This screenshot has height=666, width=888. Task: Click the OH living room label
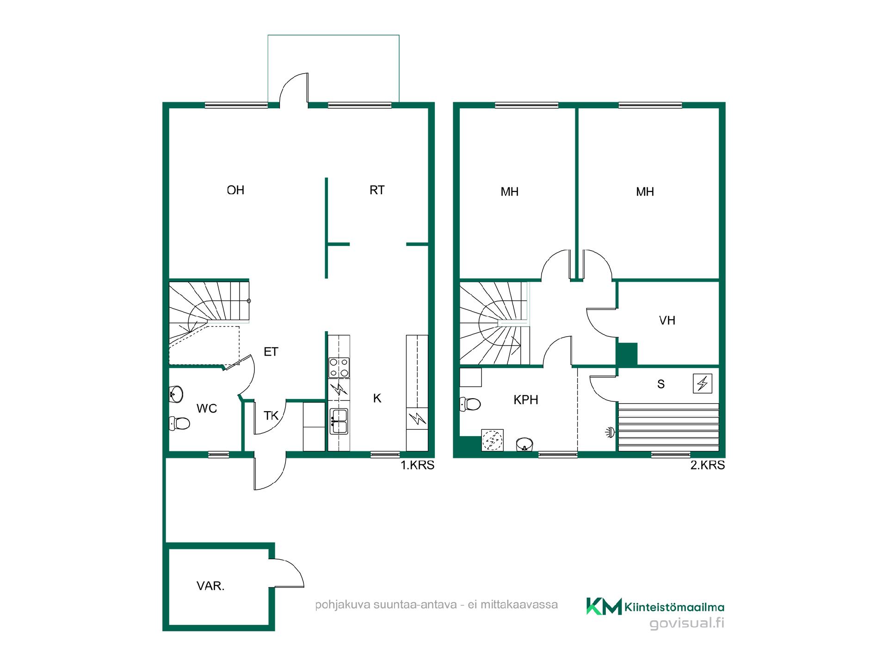point(235,190)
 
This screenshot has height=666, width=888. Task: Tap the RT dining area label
point(377,190)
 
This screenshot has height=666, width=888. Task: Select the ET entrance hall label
point(271,352)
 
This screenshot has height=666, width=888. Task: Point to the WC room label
point(207,408)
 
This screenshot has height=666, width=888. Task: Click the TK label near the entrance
point(271,416)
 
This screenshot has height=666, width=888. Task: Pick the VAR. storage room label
point(210,586)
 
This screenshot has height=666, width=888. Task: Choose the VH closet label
point(667,321)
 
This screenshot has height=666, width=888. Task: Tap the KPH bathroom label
point(526,400)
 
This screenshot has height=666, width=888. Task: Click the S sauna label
point(661,384)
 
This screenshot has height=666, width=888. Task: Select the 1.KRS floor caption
point(417,465)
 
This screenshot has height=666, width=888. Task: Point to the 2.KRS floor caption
point(708,465)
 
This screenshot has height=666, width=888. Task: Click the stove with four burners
point(339,368)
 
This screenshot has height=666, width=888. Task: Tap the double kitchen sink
point(339,421)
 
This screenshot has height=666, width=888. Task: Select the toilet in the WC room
point(180,423)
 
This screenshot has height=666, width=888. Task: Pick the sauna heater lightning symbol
point(703,383)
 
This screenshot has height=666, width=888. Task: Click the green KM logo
point(604,606)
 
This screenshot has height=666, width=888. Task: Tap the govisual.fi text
point(687,623)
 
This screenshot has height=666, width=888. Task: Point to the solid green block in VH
point(627,354)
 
